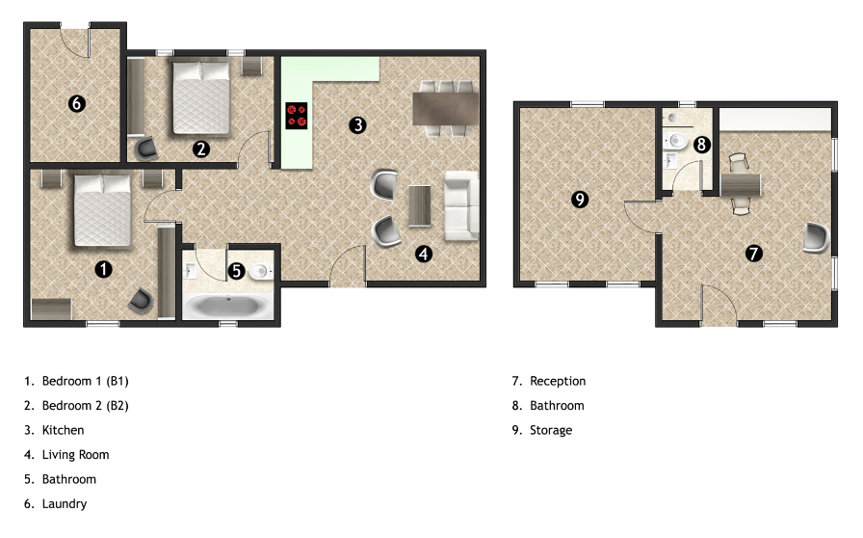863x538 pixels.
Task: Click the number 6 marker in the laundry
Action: click(77, 103)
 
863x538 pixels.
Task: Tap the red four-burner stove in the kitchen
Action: click(297, 117)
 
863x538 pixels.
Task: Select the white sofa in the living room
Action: click(460, 205)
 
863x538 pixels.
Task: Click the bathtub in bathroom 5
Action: click(227, 308)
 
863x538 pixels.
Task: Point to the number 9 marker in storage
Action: click(580, 200)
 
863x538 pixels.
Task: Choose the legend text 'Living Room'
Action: click(75, 454)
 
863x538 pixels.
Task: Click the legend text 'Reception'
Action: click(558, 381)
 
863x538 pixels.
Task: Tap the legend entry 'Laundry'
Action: click(65, 503)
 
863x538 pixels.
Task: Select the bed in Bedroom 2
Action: click(201, 96)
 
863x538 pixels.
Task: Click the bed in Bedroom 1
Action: click(101, 209)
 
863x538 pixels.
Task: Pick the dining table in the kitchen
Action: click(445, 106)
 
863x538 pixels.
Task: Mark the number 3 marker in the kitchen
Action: click(357, 124)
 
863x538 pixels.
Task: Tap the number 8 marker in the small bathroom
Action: click(702, 145)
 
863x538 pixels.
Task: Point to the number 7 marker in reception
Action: click(754, 254)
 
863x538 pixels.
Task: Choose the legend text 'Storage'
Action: click(551, 430)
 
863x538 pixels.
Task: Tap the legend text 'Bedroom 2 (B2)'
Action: click(85, 405)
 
